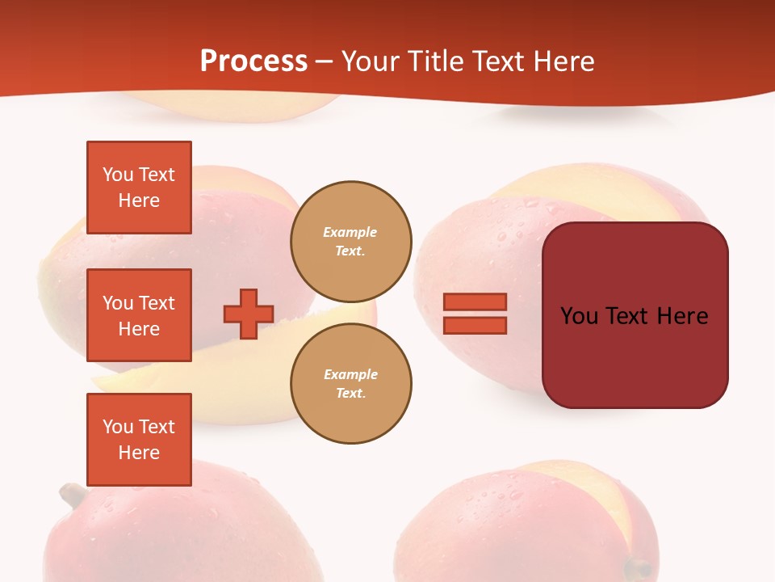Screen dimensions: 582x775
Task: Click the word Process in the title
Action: tap(253, 61)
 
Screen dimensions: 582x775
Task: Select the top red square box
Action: tap(139, 188)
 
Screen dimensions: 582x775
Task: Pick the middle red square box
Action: tap(139, 315)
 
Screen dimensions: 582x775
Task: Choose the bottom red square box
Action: tap(139, 440)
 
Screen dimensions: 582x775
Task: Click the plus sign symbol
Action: tap(249, 314)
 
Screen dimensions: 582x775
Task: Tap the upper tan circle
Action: tap(351, 241)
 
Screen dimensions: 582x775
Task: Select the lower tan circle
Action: tap(351, 383)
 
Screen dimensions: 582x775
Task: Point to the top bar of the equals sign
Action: tap(475, 302)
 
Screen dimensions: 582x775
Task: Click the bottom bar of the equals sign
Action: tap(475, 325)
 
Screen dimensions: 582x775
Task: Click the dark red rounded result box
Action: tap(635, 356)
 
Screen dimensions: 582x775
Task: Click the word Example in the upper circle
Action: tap(350, 232)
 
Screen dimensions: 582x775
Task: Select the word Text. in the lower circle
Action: tap(350, 393)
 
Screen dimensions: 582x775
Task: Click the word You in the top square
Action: tap(118, 175)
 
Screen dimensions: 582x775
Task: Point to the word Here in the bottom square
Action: tap(139, 453)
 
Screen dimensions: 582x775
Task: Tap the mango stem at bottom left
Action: tap(73, 493)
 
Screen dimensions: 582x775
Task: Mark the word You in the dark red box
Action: tap(579, 316)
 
